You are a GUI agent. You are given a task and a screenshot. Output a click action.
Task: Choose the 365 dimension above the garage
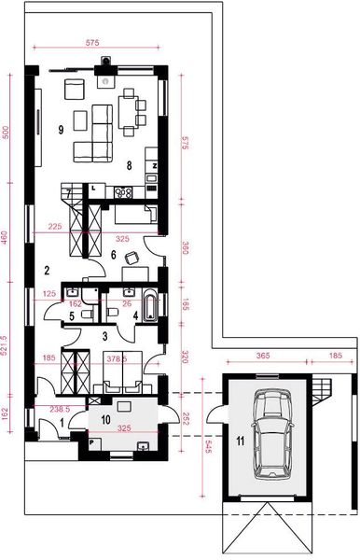click(x=264, y=356)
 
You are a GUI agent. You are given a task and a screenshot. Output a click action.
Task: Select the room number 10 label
click(x=105, y=420)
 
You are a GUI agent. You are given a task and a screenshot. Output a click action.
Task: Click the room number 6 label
click(x=112, y=253)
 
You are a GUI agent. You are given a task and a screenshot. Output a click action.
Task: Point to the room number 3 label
click(x=105, y=333)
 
